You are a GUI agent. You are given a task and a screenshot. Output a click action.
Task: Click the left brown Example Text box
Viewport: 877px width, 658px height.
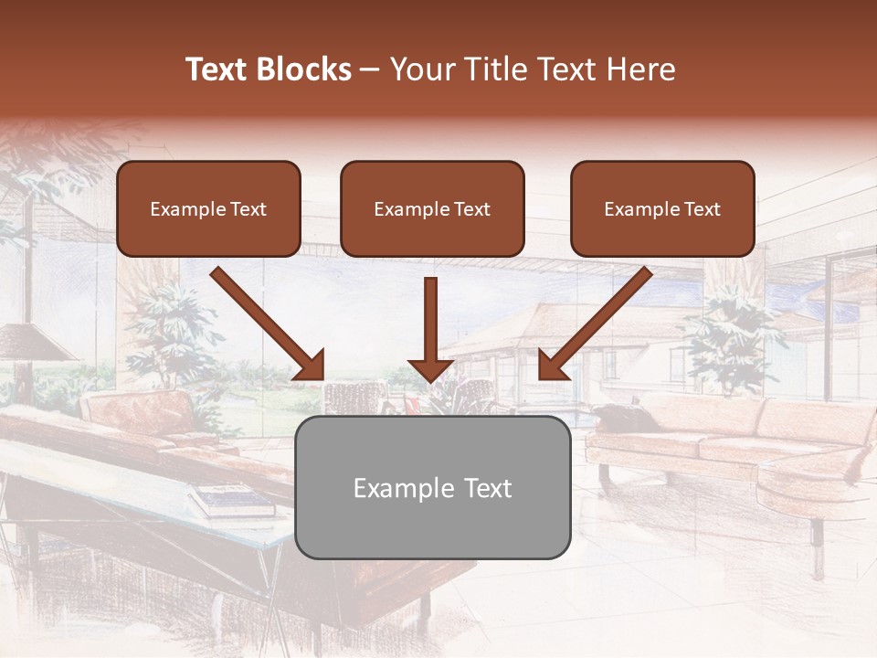tap(208, 208)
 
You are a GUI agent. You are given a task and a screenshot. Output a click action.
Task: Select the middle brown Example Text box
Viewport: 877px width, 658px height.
tap(432, 208)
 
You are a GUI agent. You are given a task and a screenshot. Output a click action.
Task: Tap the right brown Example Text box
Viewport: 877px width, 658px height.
tap(662, 208)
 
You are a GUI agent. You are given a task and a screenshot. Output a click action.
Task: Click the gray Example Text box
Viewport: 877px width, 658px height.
tap(432, 487)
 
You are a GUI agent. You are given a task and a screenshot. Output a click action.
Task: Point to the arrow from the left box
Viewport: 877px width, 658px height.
tap(268, 322)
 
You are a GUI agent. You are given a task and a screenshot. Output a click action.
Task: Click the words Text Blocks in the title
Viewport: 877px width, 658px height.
tap(269, 69)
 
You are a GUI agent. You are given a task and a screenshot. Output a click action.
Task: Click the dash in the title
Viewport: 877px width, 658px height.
tap(371, 69)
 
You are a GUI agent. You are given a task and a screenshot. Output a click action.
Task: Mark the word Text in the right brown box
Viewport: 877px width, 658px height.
tap(702, 208)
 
